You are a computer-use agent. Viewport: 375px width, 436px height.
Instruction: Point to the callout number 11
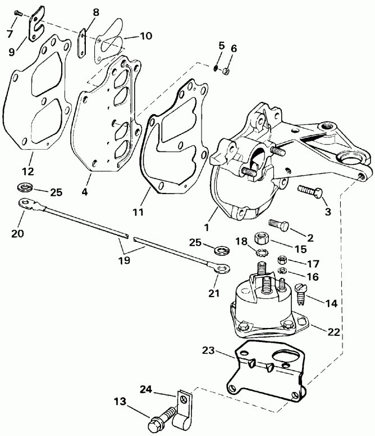[138, 212]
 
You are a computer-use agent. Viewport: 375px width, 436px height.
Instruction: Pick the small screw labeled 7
[17, 12]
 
